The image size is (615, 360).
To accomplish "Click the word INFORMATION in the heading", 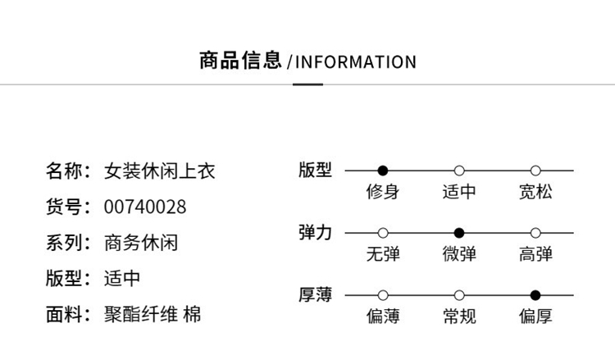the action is [x=355, y=62].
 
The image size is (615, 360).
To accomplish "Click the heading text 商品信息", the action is [x=240, y=62].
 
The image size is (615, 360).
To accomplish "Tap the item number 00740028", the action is [x=145, y=207].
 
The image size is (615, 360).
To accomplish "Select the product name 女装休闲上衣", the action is [x=160, y=171].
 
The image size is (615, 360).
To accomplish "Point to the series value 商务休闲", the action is [x=141, y=243].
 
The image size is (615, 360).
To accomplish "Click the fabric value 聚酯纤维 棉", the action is [x=153, y=314].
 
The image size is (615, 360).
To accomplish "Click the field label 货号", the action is [x=66, y=207].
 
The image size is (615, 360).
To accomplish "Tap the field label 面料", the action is [x=66, y=314].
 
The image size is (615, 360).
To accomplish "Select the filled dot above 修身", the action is [x=382, y=171].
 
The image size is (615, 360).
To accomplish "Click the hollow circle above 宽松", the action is [x=535, y=171].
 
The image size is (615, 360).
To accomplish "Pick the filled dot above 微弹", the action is [x=459, y=233].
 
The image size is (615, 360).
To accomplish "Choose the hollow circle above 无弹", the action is [x=382, y=233].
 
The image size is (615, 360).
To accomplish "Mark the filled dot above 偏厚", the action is [x=535, y=295].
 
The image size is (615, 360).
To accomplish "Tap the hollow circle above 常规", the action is [x=459, y=295].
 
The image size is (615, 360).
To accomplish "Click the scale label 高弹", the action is [x=535, y=254].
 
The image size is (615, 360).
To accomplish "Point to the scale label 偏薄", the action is [x=382, y=317].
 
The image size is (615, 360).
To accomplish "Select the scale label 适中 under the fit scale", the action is [x=459, y=192].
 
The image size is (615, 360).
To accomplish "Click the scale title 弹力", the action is [x=316, y=232].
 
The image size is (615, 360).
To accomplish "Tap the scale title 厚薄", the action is [x=316, y=294].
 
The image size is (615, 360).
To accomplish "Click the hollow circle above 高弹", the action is [x=535, y=233].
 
